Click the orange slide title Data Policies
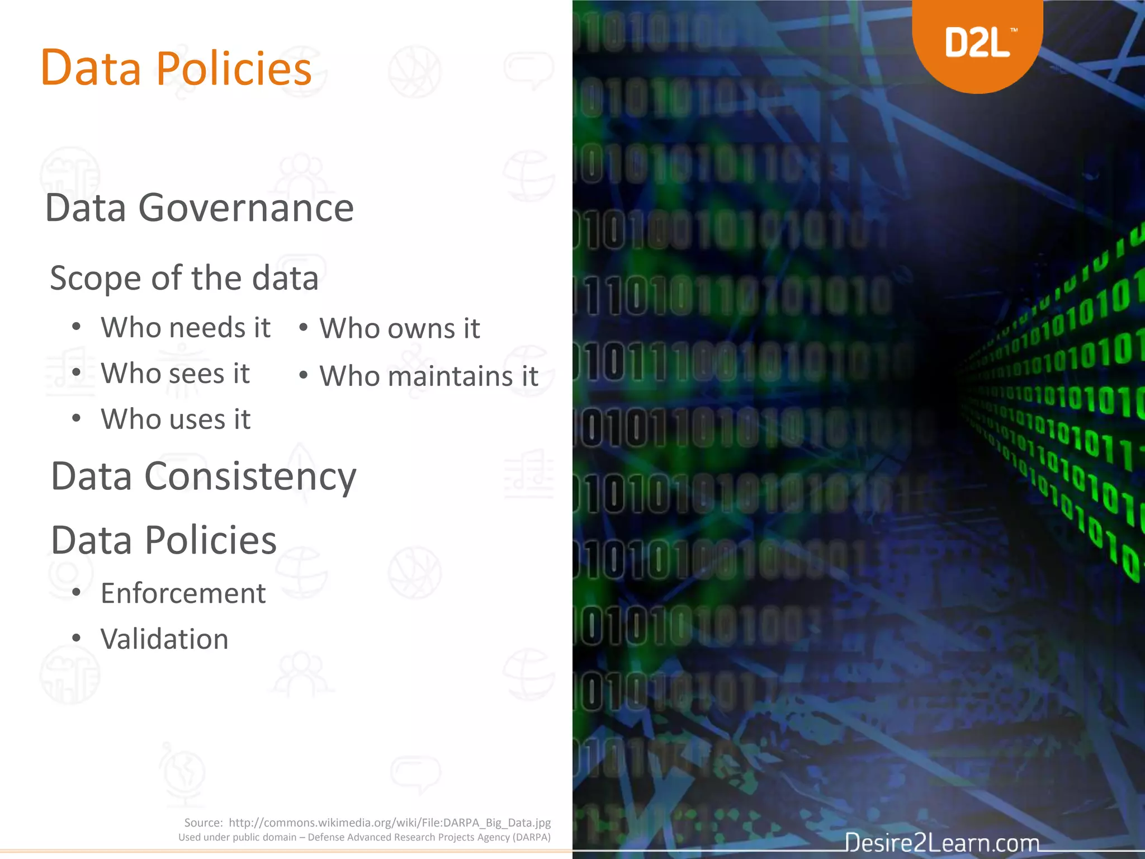(x=176, y=68)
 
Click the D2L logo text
(x=977, y=43)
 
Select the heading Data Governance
(x=199, y=208)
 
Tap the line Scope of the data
(x=184, y=278)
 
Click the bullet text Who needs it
(x=186, y=328)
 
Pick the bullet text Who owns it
(x=400, y=329)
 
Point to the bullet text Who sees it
(x=175, y=374)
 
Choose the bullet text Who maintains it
(x=429, y=376)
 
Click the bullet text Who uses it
(x=176, y=419)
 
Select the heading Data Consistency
(x=204, y=476)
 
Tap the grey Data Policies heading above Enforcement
(x=164, y=540)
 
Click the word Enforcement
(x=183, y=593)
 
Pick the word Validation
(x=164, y=639)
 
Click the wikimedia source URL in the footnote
(x=390, y=823)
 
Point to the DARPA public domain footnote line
(x=365, y=837)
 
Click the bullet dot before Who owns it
(x=304, y=327)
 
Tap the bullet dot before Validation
(x=77, y=638)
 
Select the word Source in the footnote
(x=203, y=823)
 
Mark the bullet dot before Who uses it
(x=77, y=418)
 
